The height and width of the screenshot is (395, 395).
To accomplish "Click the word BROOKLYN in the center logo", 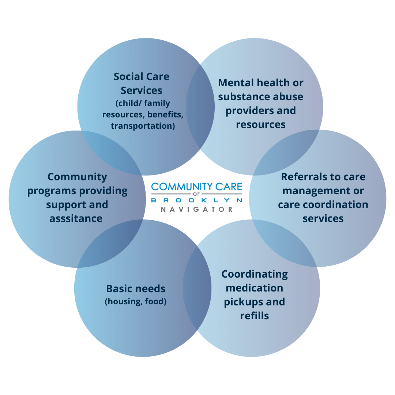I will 197,200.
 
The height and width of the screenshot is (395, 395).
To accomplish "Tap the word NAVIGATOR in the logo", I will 197,210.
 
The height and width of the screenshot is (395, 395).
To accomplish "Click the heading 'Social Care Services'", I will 142,83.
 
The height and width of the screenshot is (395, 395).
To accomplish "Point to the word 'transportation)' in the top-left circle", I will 143,126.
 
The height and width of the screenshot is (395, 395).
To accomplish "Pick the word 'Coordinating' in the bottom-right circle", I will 255,274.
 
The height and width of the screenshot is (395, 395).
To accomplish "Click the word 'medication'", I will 255,288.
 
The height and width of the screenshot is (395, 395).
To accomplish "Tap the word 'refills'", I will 255,316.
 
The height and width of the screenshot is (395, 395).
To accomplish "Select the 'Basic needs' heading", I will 136,289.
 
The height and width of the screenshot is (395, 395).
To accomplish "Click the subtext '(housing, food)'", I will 136,302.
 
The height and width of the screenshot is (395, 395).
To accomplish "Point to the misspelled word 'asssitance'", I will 76,219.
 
